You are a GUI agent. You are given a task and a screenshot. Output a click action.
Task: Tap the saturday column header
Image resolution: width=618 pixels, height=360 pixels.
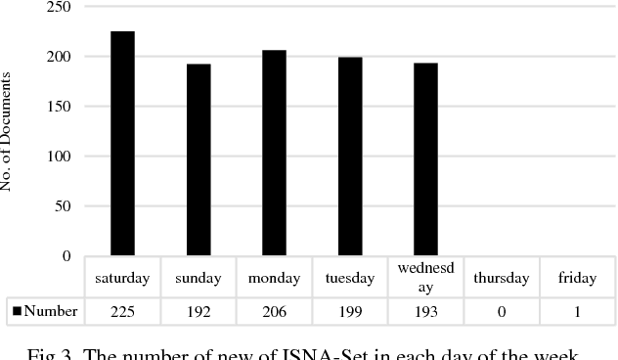pos(122,278)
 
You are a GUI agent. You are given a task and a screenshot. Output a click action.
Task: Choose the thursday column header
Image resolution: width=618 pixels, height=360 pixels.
pos(501,278)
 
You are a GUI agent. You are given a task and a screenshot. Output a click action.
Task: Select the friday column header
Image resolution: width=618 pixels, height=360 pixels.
pos(577,278)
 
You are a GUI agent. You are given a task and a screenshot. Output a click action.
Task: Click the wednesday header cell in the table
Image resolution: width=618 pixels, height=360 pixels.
pos(425,278)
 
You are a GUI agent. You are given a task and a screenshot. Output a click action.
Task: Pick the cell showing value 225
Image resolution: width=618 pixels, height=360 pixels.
pos(122,312)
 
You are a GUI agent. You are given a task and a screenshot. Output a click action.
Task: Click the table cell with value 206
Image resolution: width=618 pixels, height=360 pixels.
pos(274,312)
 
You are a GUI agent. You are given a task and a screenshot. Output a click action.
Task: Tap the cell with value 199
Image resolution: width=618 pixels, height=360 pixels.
pos(350,312)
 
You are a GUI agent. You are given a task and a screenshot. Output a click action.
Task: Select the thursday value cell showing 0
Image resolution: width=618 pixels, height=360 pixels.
pos(501,312)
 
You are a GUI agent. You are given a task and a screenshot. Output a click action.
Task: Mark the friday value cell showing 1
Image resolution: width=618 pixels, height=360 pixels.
pos(577,312)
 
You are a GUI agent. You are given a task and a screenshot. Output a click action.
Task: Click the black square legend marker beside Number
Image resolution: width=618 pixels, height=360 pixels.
pos(17,312)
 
